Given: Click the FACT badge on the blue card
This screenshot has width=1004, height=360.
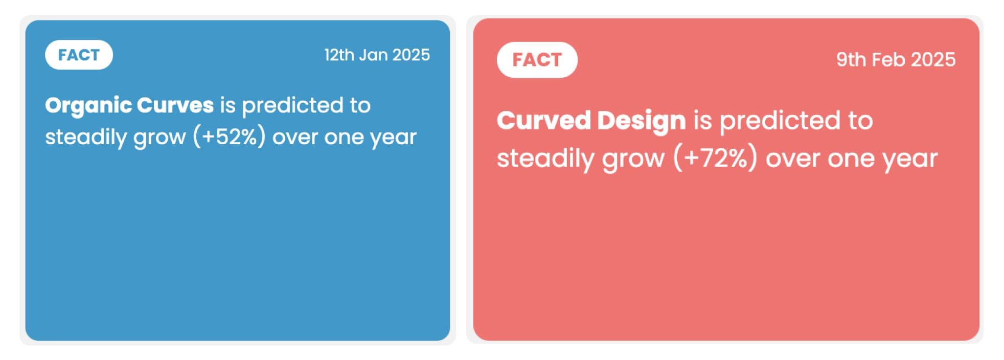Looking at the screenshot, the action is pos(79,55).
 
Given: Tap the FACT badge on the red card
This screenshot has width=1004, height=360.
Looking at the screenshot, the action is pos(537,60).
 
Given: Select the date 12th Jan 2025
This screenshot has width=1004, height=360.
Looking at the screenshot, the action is pos(377,55).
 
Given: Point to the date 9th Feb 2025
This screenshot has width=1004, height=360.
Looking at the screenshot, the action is pos(896,60).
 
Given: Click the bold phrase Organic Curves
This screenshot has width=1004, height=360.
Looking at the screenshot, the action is pos(129,106).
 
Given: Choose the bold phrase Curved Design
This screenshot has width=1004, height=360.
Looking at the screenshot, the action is pos(591,121).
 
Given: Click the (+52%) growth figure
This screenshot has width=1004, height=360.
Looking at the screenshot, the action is pos(229,137).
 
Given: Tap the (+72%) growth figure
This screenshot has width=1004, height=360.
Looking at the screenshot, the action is pos(715,158).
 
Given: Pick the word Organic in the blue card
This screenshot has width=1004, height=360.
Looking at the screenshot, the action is pos(88,106).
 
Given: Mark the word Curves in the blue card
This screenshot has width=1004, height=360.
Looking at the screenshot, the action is pos(175,105).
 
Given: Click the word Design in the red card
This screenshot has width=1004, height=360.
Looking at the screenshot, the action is pos(642,121).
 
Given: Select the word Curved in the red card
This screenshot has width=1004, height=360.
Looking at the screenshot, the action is pos(544,121).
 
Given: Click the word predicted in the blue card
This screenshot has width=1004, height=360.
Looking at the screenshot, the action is pos(292,106).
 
